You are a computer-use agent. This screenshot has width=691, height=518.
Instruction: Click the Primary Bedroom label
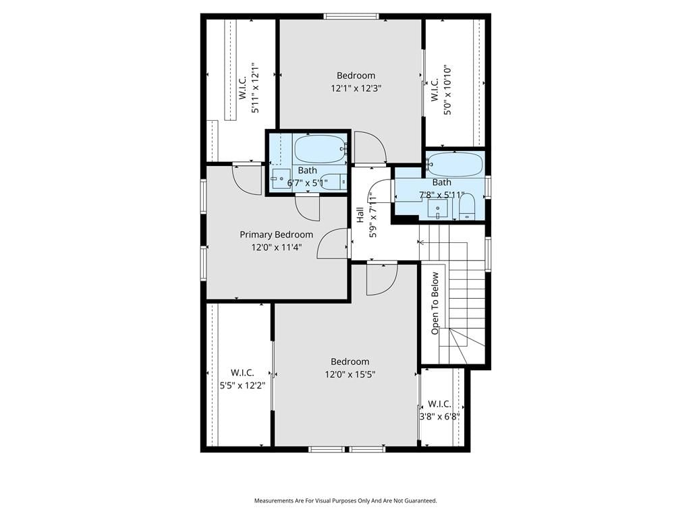(276, 235)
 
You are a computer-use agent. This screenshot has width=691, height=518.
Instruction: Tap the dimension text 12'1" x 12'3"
(356, 88)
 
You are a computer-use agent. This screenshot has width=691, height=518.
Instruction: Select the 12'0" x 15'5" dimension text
(350, 375)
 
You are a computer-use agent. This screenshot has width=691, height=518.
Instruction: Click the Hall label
(360, 214)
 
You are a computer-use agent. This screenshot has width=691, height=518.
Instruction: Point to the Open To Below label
(435, 303)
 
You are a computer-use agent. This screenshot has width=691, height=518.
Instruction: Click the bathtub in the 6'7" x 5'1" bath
(319, 149)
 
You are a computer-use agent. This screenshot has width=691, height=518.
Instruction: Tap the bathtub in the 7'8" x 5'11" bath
(455, 165)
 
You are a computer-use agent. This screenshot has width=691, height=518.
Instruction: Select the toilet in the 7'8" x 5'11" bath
(466, 207)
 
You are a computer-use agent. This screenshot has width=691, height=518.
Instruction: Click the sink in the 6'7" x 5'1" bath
(281, 179)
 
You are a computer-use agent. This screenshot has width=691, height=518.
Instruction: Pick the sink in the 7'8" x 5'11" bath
(437, 209)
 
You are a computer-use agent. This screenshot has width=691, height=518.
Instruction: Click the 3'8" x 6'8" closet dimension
(439, 417)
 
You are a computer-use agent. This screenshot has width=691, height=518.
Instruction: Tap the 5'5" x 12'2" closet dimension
(242, 386)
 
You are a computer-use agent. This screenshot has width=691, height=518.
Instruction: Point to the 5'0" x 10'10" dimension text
(448, 90)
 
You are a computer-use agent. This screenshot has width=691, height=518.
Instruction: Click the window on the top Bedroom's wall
(351, 17)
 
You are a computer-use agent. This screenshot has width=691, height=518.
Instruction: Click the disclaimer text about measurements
(345, 501)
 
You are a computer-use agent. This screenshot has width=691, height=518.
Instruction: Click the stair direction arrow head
(421, 242)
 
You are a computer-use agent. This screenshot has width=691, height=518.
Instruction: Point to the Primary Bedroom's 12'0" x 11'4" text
(276, 248)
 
